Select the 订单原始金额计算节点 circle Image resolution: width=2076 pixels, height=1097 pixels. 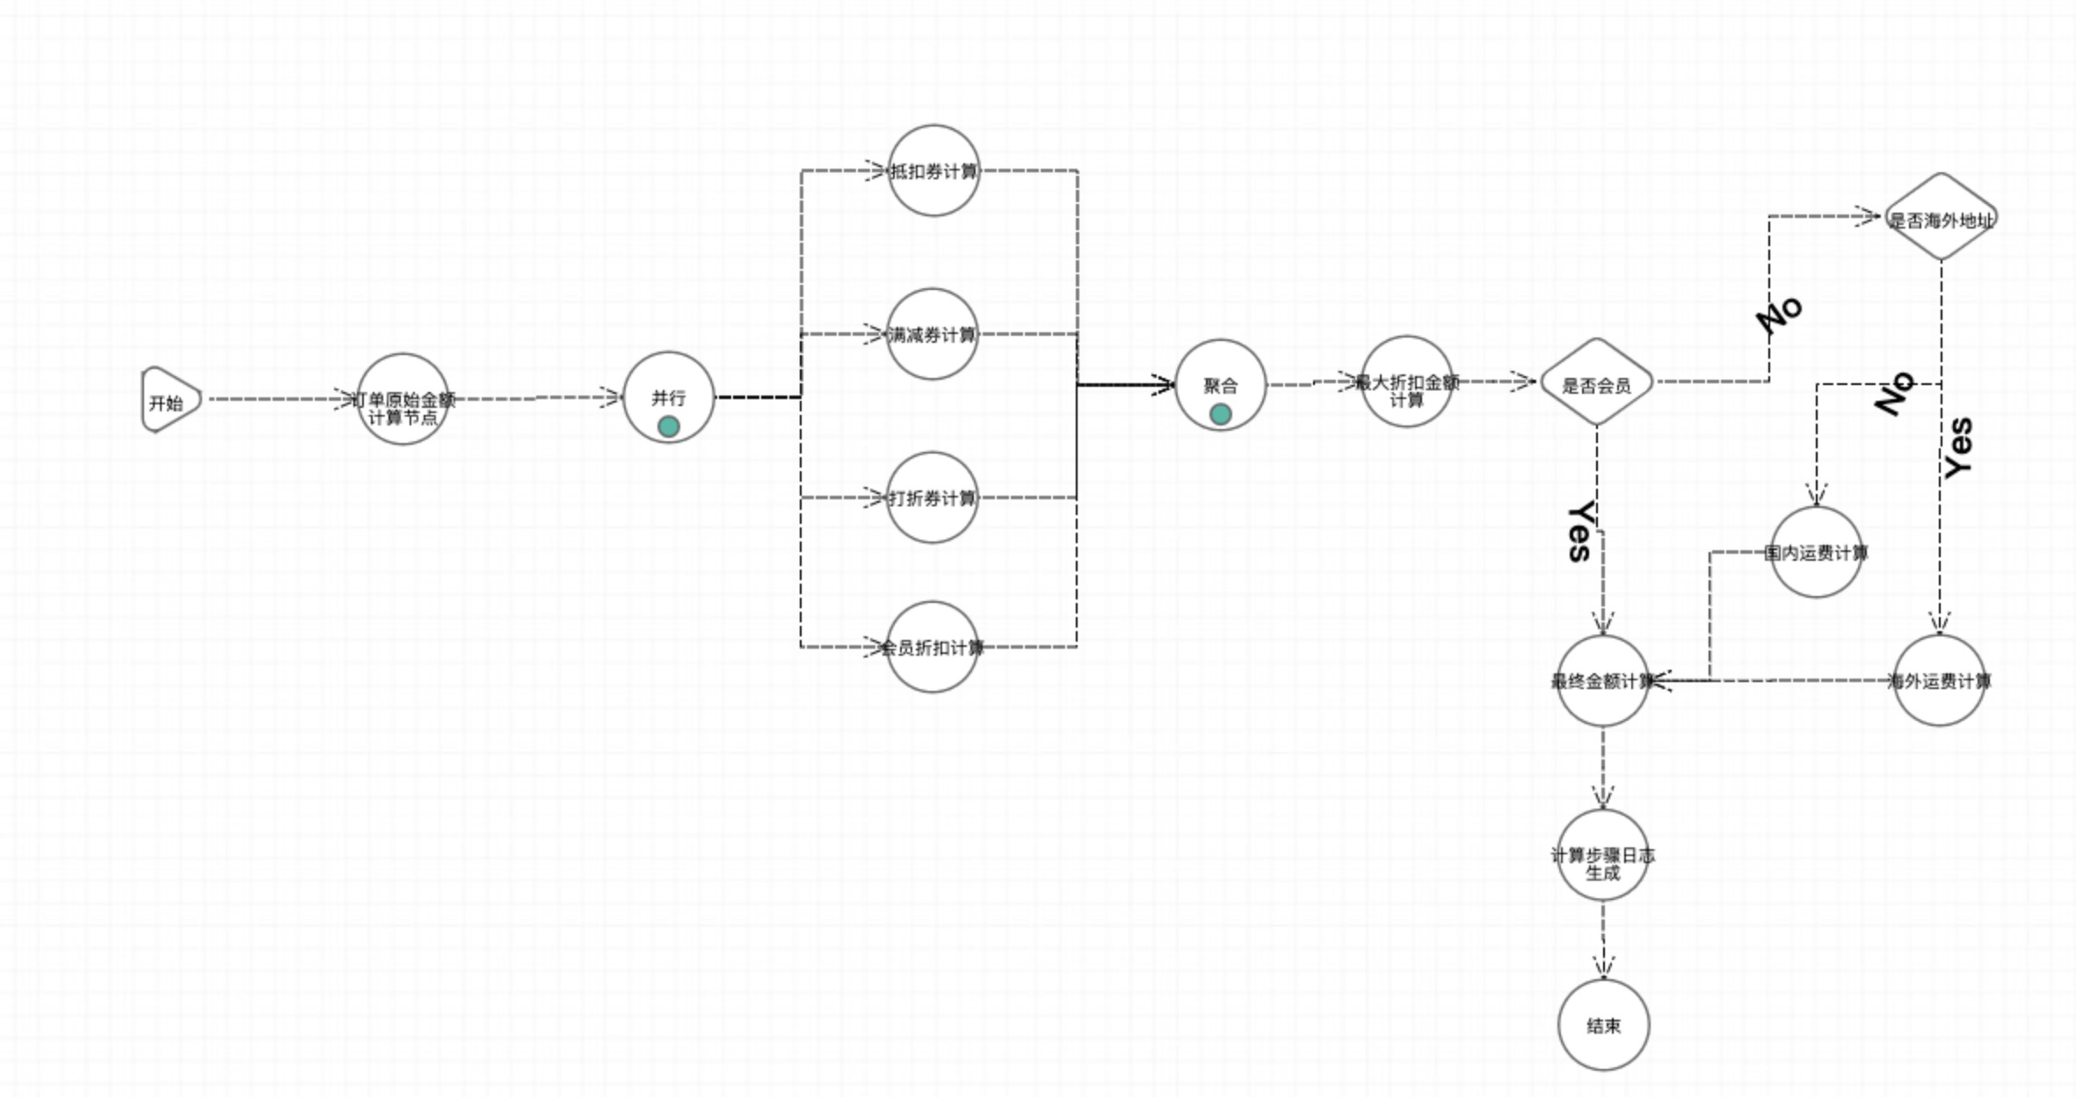(x=403, y=400)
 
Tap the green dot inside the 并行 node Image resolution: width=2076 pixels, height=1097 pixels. (x=669, y=427)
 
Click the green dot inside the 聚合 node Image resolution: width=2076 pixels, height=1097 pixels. (x=1220, y=414)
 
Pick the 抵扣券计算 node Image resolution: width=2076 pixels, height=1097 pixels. (x=933, y=171)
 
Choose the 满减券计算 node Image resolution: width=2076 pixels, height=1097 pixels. (x=933, y=334)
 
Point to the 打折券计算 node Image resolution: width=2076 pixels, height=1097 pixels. (x=933, y=498)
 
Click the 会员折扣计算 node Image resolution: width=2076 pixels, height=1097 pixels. (x=933, y=647)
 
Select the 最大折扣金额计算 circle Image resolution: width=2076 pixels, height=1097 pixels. (x=1406, y=381)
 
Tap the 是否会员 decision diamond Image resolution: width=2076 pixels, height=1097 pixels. (x=1596, y=383)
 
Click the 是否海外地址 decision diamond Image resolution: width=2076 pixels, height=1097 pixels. (x=1941, y=218)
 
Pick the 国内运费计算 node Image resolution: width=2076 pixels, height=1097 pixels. (x=1816, y=553)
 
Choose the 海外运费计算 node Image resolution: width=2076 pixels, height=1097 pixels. (x=1939, y=680)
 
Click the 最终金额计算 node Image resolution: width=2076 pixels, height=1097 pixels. (x=1602, y=680)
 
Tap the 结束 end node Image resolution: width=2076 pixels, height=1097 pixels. (x=1603, y=1025)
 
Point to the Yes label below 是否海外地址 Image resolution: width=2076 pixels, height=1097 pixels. (x=1958, y=448)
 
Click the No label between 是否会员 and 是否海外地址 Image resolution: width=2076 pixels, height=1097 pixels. (x=1780, y=314)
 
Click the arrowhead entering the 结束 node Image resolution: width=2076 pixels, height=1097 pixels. (x=1603, y=970)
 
